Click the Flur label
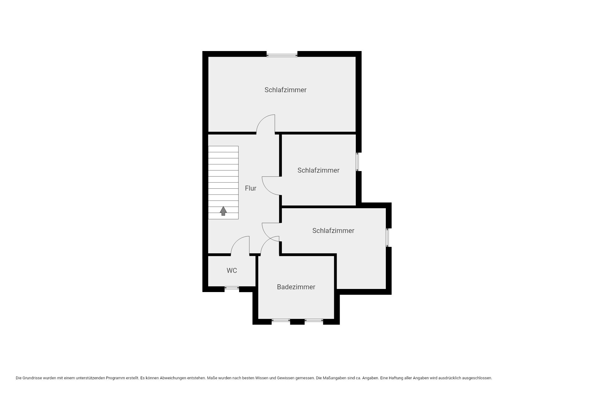point(251,188)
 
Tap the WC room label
point(232,270)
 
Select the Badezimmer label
point(296,287)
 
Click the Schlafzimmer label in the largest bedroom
point(286,90)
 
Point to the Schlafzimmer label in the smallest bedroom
point(318,170)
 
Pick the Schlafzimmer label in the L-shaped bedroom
point(333,230)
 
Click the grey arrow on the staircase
point(223,211)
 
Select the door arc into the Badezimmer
point(265,242)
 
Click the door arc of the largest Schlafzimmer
point(261,120)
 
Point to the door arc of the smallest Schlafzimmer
point(268,190)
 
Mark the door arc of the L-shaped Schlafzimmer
point(267,236)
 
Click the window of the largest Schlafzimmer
point(282,55)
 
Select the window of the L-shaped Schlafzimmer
point(387,238)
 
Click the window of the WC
point(232,288)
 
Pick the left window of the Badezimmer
point(281,321)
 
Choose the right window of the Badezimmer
point(314,321)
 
